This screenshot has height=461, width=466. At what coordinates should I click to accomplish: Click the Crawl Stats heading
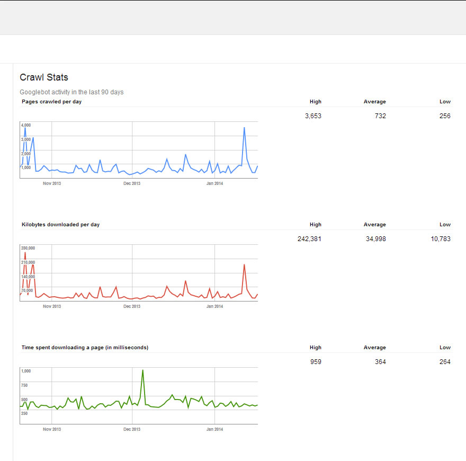tap(44, 77)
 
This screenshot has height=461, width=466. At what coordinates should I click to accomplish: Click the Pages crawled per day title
tap(51, 101)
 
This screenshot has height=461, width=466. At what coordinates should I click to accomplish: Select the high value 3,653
tap(313, 116)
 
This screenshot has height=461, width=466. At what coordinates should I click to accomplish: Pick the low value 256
tap(445, 116)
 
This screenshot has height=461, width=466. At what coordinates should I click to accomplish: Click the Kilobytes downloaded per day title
tap(60, 225)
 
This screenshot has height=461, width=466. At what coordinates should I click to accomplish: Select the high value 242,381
tap(309, 239)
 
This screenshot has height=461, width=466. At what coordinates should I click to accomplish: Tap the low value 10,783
tap(441, 239)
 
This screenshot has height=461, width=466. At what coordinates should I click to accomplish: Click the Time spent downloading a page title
tap(85, 348)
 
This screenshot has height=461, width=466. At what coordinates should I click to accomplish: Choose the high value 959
tap(316, 362)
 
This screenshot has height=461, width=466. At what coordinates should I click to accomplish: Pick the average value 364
tap(380, 362)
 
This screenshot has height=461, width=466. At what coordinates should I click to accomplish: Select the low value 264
tap(445, 362)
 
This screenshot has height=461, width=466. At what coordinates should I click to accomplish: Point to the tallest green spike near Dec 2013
tap(142, 371)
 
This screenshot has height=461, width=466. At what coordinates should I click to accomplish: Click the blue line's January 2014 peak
tap(244, 128)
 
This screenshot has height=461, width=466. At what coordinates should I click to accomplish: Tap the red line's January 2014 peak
tap(244, 264)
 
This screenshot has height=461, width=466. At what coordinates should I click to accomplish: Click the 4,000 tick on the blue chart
tap(26, 125)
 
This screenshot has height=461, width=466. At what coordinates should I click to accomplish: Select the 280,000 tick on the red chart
tap(28, 248)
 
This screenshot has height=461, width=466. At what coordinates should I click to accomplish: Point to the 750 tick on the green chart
tap(24, 385)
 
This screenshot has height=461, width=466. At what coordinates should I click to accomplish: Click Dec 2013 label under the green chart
tap(132, 429)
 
